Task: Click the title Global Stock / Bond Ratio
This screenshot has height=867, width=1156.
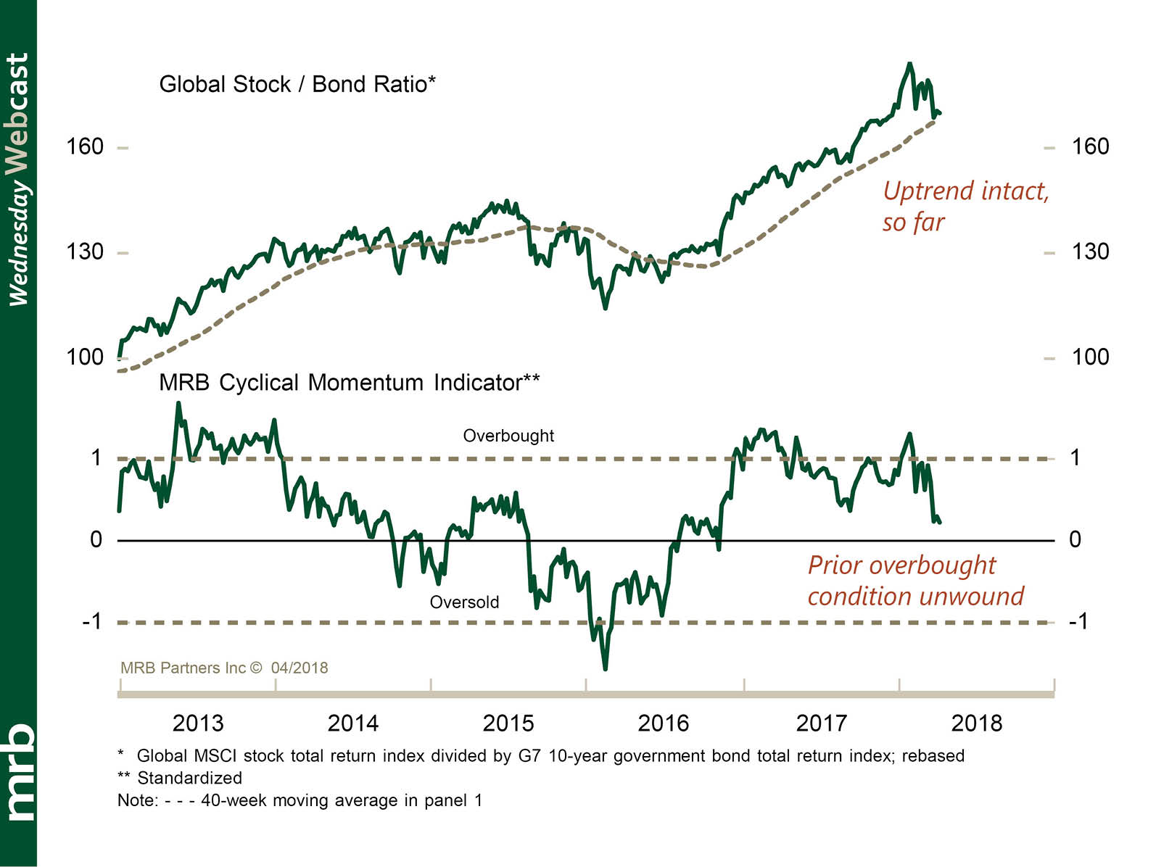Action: point(297,84)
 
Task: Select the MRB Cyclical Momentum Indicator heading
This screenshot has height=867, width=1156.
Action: point(349,382)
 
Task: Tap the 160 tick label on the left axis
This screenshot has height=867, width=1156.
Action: point(85,147)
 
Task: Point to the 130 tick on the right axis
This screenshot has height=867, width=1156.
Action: point(1090,252)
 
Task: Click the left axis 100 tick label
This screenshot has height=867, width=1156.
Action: point(85,357)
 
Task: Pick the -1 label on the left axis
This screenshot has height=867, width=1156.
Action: point(91,621)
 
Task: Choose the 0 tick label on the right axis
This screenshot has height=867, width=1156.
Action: point(1075,539)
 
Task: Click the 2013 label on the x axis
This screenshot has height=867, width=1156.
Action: point(198,723)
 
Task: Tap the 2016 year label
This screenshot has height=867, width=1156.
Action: point(663,723)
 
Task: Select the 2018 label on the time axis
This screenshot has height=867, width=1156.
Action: point(976,723)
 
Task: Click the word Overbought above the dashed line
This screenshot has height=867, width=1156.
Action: point(508,436)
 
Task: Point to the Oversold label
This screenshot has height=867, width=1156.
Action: point(464,602)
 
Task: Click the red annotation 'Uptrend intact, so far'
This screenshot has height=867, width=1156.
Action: point(965,206)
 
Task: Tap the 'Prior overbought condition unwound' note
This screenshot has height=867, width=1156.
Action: point(915,580)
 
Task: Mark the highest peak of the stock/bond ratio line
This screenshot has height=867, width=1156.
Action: point(910,64)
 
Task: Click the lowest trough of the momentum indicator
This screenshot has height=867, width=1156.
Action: point(605,668)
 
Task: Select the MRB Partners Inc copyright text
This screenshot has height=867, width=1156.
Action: point(224,668)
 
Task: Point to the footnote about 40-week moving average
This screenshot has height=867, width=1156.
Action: point(300,800)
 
